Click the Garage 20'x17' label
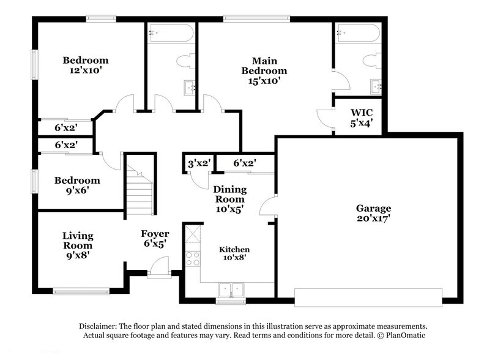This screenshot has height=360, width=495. pyautogui.click(x=373, y=213)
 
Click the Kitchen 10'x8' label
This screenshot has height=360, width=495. pyautogui.click(x=234, y=254)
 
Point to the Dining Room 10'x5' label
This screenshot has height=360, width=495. pyautogui.click(x=229, y=199)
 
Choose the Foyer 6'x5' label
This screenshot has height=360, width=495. pyautogui.click(x=154, y=238)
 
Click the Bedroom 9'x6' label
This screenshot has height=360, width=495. pyautogui.click(x=77, y=185)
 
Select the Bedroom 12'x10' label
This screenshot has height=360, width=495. pyautogui.click(x=86, y=65)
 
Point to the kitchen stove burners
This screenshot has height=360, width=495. pyautogui.click(x=193, y=259)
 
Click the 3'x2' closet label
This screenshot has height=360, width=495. pyautogui.click(x=199, y=163)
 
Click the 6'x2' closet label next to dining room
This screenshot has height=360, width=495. pyautogui.click(x=244, y=163)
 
